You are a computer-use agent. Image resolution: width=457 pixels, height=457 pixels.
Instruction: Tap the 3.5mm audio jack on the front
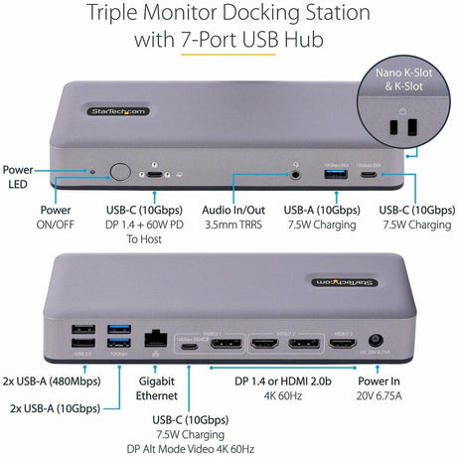(296, 173)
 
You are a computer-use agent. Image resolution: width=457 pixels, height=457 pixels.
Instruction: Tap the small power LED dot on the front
(93, 171)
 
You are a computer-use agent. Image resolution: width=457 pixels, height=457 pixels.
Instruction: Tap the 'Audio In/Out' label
(235, 210)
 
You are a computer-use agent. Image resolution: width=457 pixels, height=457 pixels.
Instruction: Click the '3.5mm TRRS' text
(235, 225)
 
